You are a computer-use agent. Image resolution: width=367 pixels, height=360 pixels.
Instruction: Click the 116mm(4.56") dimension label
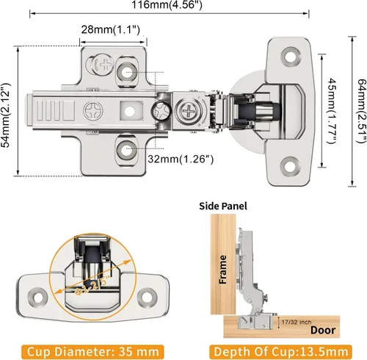click(167, 5)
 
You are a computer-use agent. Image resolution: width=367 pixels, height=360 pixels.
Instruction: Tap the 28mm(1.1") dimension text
click(111, 29)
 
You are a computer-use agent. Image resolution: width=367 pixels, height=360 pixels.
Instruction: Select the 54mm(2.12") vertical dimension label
click(6, 115)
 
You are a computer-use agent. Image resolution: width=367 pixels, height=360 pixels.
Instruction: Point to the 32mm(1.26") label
click(181, 159)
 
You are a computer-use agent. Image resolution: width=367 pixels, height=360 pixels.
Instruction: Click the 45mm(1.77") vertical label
click(332, 111)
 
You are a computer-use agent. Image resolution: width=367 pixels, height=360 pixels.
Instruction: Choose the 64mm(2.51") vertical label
click(362, 111)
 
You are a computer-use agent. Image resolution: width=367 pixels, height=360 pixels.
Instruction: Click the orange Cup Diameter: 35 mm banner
click(92, 352)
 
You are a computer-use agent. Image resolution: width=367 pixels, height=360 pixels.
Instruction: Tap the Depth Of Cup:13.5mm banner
click(280, 352)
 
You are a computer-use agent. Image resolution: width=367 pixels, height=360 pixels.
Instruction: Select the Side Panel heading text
click(223, 206)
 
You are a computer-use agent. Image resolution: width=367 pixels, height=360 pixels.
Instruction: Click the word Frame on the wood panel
click(222, 270)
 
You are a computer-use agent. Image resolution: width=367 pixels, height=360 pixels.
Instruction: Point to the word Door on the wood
click(323, 330)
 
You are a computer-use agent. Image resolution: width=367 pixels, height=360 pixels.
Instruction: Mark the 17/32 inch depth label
click(297, 322)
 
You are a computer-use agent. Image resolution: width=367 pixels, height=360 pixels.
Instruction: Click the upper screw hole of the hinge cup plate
click(291, 57)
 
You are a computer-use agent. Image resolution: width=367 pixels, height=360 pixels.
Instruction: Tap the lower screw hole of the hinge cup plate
click(290, 166)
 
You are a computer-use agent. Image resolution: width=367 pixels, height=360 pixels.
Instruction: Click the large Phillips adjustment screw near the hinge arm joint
click(189, 112)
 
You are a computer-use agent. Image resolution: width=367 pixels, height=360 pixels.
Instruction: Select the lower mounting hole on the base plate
click(127, 150)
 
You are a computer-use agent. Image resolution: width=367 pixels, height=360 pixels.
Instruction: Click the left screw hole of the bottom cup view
click(38, 298)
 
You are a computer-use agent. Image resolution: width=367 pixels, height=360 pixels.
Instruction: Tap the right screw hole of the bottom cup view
click(147, 297)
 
